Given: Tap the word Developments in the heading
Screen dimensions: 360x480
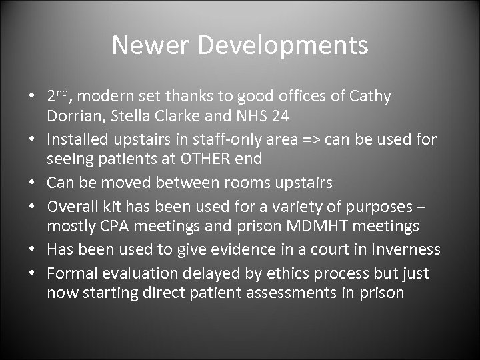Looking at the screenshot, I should (283, 45).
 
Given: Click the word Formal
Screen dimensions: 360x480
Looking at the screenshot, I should (70, 273).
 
